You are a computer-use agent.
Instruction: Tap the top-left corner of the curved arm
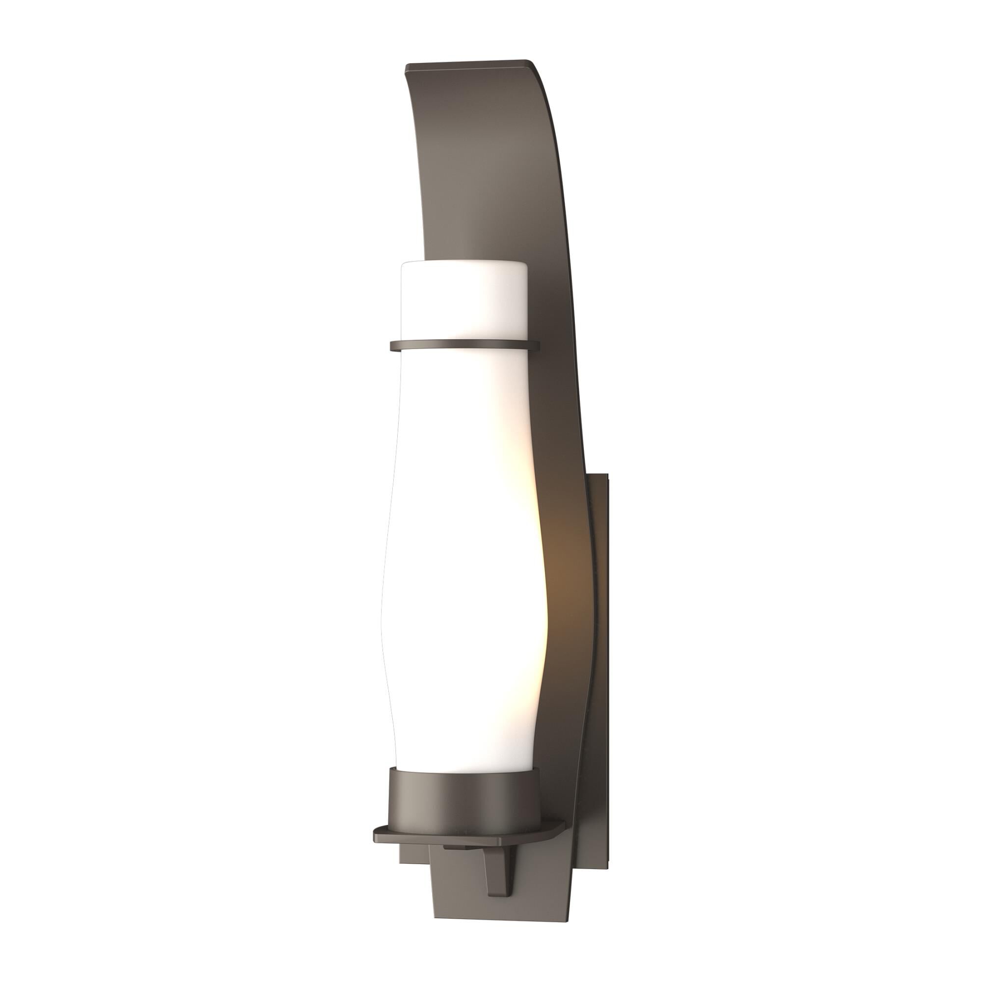(406, 66)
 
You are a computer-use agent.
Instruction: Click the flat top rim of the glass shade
(464, 263)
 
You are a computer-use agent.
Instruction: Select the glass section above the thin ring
(464, 302)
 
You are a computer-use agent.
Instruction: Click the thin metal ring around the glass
(464, 346)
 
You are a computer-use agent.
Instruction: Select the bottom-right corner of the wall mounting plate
(608, 862)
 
